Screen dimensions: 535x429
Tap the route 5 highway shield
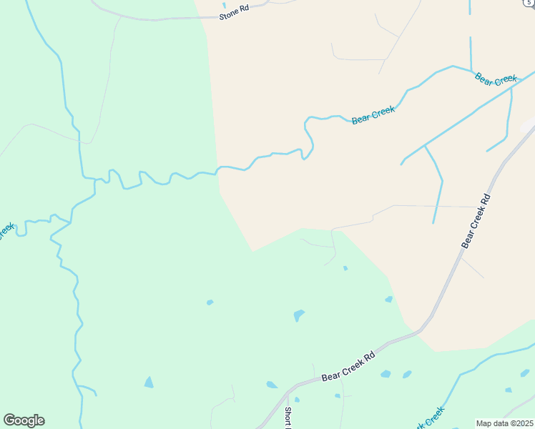coord(527,3)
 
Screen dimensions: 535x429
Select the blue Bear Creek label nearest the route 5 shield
coord(496,78)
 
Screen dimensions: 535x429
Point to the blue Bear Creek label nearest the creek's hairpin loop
coord(373,115)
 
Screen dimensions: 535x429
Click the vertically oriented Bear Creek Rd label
coord(476,221)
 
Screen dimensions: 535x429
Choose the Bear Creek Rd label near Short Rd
coord(348,367)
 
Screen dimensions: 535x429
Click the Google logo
coord(24,420)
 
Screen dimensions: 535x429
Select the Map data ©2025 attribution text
coord(504,423)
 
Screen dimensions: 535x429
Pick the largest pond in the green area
coord(298,315)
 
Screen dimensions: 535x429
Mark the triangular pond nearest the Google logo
coord(149,383)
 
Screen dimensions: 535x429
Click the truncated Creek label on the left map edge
coord(6,230)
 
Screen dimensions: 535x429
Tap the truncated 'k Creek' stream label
coord(429,418)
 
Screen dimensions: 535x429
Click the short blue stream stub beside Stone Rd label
coord(224,4)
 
